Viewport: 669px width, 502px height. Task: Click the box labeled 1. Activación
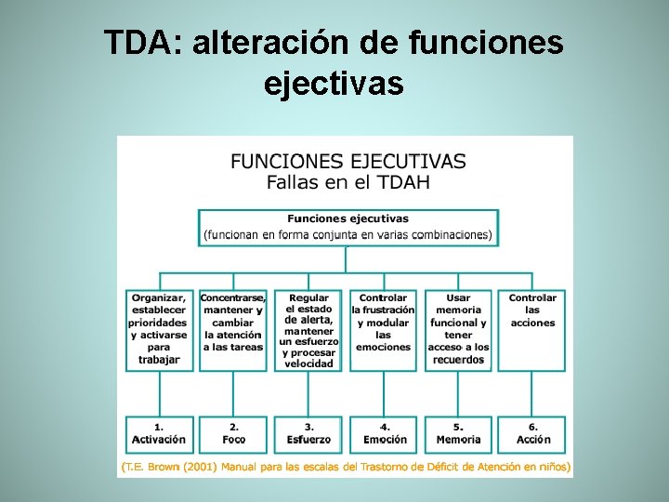[x=159, y=434]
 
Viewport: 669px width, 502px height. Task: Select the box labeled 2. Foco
[x=234, y=434]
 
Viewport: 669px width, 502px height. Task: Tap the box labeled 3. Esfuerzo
[x=308, y=434]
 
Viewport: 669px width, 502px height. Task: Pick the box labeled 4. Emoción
[x=385, y=434]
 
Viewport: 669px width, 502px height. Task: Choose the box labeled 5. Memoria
[x=459, y=434]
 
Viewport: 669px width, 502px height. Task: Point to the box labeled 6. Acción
[x=533, y=434]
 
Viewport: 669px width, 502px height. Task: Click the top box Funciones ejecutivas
[x=348, y=227]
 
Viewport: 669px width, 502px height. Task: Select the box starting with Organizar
[x=159, y=329]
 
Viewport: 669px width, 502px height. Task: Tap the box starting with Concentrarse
[x=234, y=329]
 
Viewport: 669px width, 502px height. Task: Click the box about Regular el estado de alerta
[x=308, y=329]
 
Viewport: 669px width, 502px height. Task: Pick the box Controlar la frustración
[x=384, y=329]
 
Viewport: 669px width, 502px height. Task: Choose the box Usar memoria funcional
[x=459, y=329]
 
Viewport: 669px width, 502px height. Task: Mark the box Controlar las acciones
[x=532, y=329]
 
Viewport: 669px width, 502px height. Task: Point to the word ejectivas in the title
[x=334, y=84]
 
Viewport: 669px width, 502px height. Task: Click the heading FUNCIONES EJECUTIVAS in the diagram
[x=348, y=161]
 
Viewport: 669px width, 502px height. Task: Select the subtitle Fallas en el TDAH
[x=348, y=181]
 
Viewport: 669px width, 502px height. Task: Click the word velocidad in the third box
[x=308, y=363]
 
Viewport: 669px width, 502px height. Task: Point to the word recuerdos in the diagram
[x=459, y=359]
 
